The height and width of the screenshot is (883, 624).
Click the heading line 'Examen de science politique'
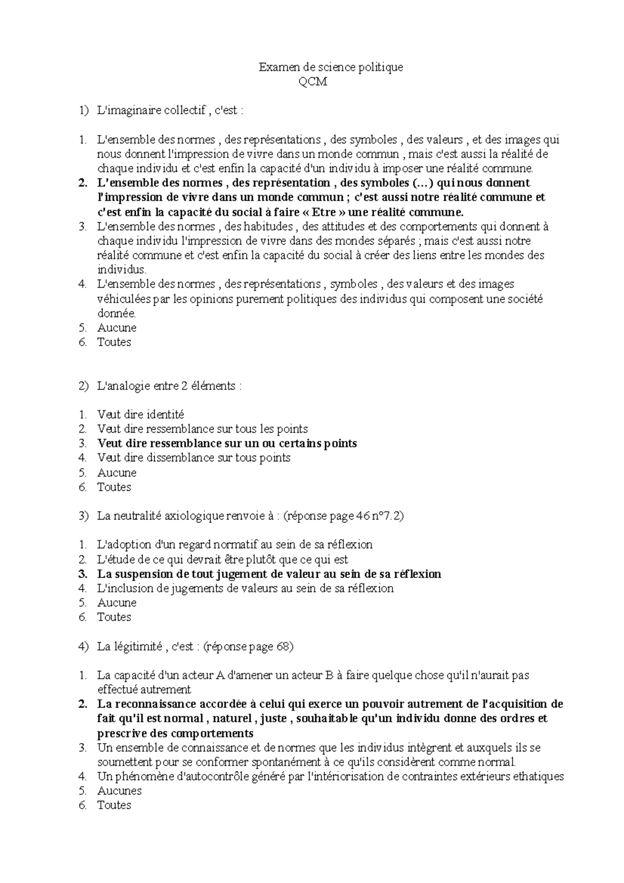coord(331,67)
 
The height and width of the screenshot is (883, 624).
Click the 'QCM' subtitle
coord(313,82)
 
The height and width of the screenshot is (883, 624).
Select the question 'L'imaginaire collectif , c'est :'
coord(170,111)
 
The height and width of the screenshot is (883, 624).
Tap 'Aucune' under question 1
coord(116,328)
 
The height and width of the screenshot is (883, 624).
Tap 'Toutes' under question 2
coord(114,487)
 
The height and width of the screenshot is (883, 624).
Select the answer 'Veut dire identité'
coord(140,415)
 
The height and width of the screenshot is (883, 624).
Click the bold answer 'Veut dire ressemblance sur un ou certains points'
coord(227,444)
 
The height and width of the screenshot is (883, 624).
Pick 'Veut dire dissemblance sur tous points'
coord(193,458)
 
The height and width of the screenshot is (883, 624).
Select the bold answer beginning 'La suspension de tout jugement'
coord(269,574)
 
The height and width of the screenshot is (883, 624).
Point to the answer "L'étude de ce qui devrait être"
coord(222,560)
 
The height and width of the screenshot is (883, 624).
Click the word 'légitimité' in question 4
coord(137,647)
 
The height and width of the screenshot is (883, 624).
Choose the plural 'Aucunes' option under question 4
coord(119,791)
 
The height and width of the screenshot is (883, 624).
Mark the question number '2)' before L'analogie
coord(83,386)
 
